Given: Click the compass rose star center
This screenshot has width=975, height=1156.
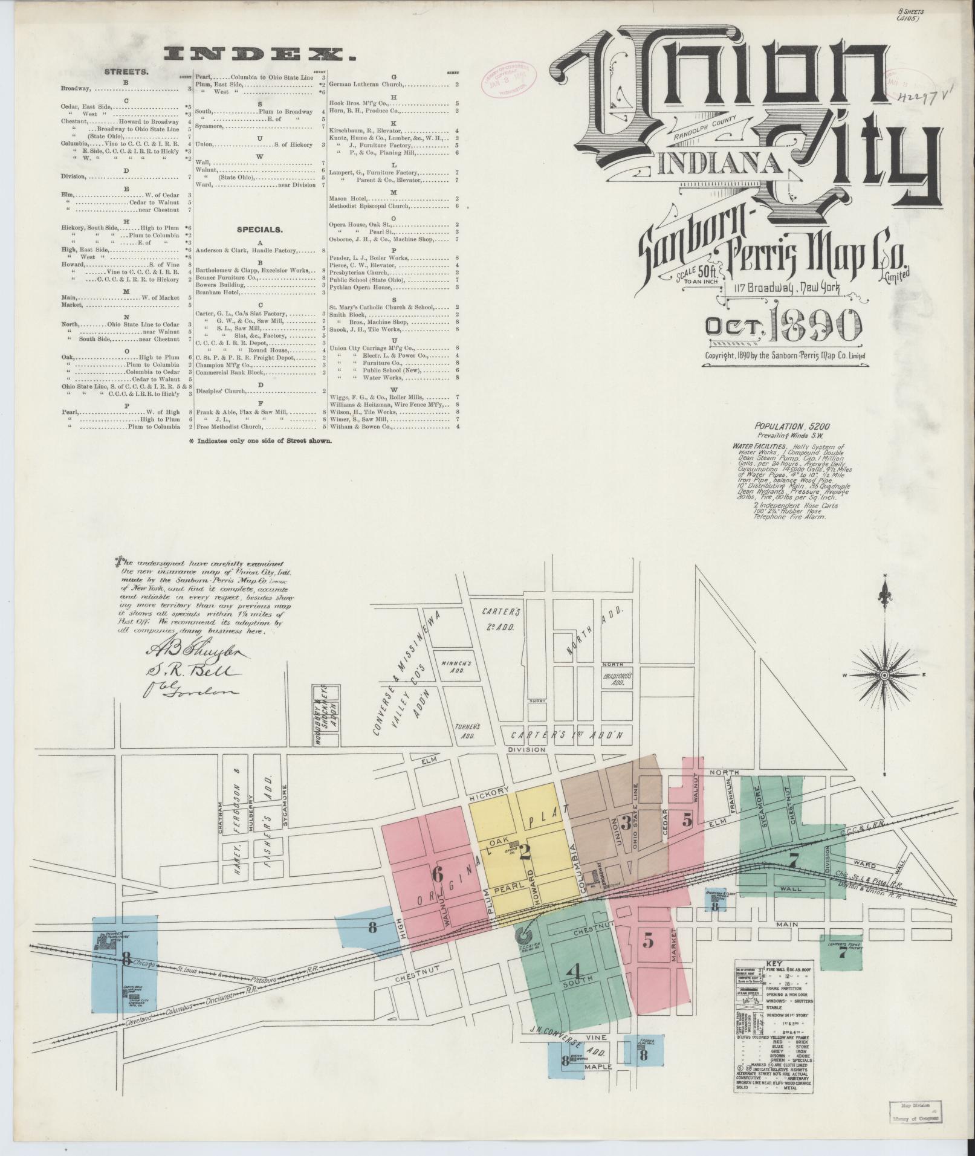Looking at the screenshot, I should coord(884,674).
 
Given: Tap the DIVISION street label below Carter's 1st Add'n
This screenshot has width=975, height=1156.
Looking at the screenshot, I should coord(526,749).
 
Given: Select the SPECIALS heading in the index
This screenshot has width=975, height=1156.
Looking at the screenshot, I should coord(259,230).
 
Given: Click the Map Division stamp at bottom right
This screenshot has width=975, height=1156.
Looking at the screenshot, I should coord(913,1127).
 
